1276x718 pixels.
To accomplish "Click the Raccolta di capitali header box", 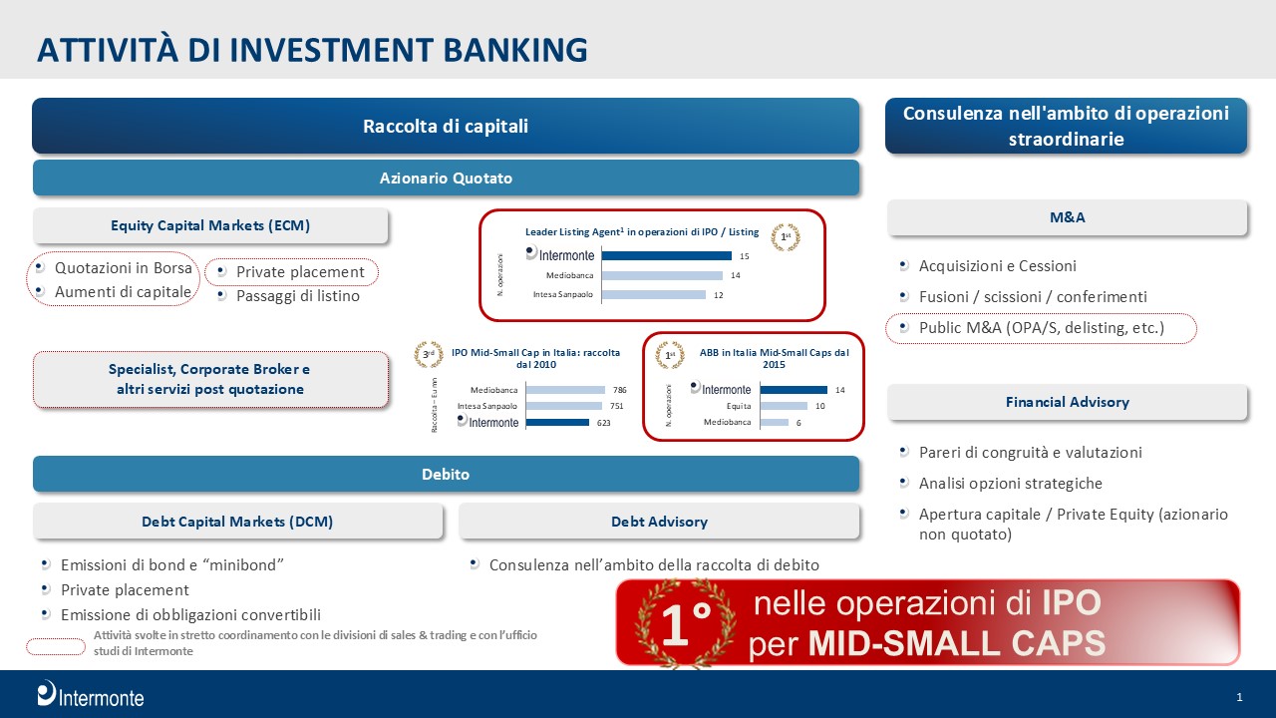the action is coord(446,126).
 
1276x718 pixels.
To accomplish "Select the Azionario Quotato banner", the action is coord(446,178).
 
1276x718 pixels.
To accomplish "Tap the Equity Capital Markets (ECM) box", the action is coord(210,225).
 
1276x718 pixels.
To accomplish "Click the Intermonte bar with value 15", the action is coord(667,256).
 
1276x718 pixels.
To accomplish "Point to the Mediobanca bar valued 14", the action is coord(662,275).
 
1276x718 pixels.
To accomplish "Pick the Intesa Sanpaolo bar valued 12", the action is coord(654,294).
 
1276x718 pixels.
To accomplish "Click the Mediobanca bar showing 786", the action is coord(565,390).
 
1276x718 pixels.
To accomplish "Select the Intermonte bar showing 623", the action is coord(557,422).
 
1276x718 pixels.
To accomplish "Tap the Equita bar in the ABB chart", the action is coord(784,406).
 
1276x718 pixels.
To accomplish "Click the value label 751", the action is coord(617,406).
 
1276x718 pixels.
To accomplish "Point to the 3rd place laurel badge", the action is coord(429,354).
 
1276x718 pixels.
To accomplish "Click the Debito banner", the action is coord(446,474).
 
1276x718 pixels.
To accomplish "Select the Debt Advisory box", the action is coord(659,522).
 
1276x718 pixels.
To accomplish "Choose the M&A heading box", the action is coord(1067,217).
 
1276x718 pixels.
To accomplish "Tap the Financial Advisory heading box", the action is coord(1067,402).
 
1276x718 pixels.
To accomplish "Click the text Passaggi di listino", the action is coord(298,296).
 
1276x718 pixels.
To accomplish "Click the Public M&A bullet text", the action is coord(1042,328).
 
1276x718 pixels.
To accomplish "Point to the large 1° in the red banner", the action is coord(686,624).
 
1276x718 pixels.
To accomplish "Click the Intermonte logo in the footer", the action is coord(91,694).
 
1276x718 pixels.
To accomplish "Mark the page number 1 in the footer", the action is coord(1239,697).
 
